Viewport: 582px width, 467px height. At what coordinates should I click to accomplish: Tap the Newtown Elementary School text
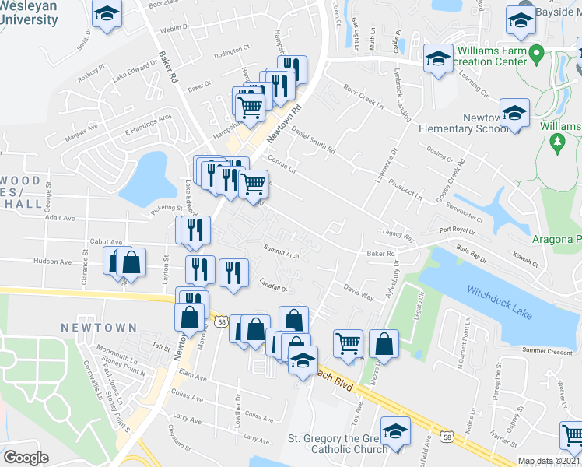(464, 123)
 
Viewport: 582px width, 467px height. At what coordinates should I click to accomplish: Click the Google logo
(26, 458)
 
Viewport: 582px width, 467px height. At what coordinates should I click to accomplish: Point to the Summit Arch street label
(281, 254)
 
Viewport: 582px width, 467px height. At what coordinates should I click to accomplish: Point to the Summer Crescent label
(547, 351)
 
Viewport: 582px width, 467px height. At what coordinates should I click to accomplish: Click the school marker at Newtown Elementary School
(514, 113)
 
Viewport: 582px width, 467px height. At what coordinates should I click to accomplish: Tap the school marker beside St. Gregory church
(395, 431)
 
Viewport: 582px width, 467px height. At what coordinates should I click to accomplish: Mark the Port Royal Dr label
(457, 230)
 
